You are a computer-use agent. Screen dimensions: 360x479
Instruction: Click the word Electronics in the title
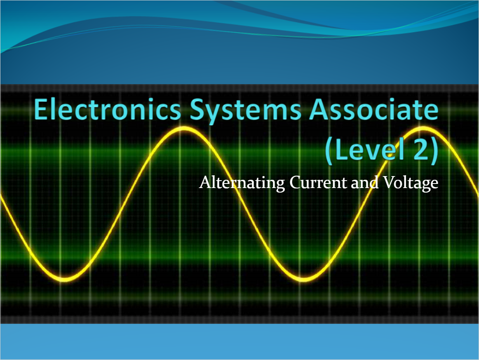[x=107, y=110]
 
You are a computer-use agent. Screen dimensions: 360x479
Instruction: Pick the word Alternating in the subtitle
[x=242, y=182]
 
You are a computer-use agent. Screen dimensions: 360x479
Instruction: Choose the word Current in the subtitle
[x=318, y=182]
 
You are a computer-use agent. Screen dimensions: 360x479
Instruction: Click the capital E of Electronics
[x=42, y=110]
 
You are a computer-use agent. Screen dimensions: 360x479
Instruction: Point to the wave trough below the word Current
[x=303, y=279]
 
